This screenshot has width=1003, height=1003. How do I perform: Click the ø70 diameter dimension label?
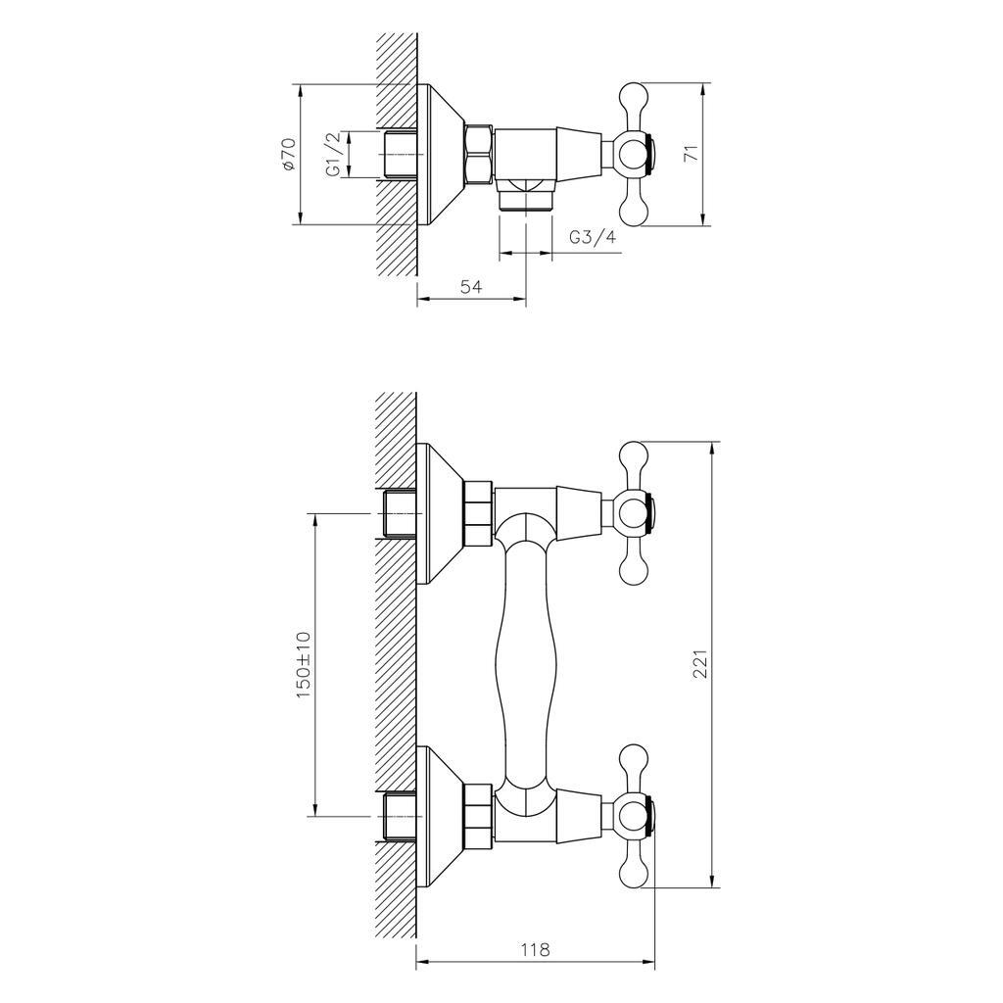tap(287, 156)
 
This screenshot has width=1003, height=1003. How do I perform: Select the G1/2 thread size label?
tap(332, 155)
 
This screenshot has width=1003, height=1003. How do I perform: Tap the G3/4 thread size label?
tap(592, 238)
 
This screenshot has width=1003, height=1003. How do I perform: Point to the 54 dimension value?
tap(471, 286)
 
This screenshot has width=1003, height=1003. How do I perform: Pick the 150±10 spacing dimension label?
tap(303, 664)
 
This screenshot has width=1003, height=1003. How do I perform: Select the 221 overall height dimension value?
tap(699, 664)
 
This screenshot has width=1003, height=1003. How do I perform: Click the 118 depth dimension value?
tap(535, 949)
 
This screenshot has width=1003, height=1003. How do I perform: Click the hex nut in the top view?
tap(477, 155)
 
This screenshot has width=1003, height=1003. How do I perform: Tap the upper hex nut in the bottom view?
tap(477, 512)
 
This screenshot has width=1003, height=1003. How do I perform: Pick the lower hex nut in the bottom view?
tap(477, 816)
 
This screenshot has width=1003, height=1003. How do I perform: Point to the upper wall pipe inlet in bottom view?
tap(398, 512)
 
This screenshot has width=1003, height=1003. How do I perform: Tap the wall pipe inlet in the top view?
tap(398, 155)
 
